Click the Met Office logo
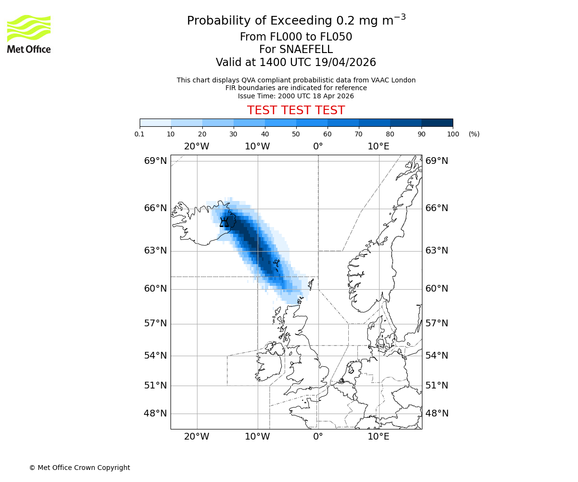pos(29,34)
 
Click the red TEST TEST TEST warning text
pos(296,110)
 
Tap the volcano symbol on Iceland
pos(224,222)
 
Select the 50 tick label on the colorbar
pos(296,134)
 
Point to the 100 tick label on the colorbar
pos(453,134)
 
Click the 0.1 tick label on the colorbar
pos(140,134)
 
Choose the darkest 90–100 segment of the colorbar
pos(437,122)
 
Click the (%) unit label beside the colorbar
pos(474,134)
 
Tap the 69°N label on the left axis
pos(156,161)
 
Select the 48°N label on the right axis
pos(436,413)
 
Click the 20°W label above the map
pos(197,146)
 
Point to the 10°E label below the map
pos(379,437)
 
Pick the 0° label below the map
pos(318,437)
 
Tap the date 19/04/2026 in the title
pos(345,63)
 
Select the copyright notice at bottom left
pos(79,468)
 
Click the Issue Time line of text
pos(296,96)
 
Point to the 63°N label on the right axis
pos(436,250)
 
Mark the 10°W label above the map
pos(257,146)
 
